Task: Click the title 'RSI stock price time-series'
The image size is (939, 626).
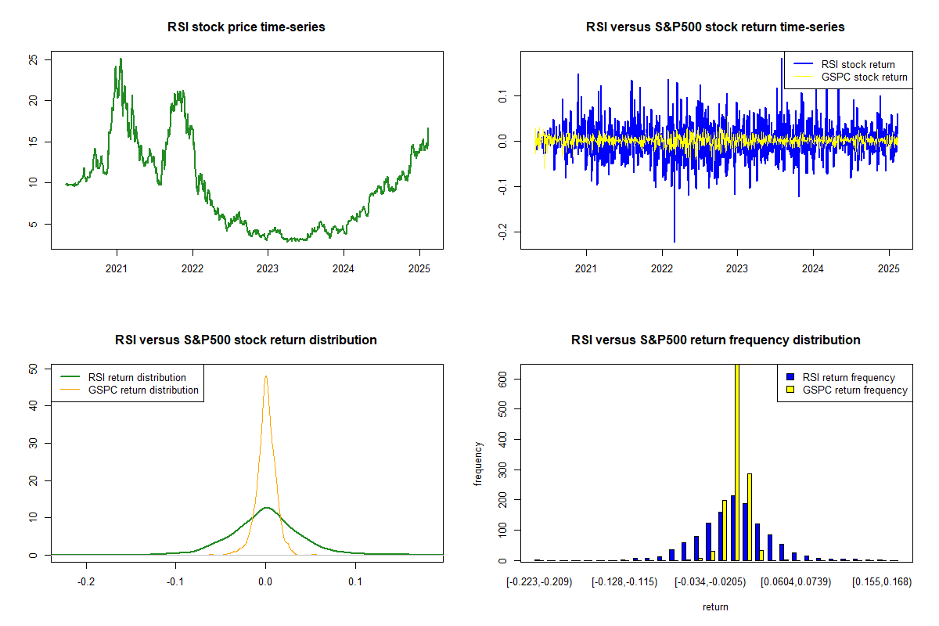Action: point(246,27)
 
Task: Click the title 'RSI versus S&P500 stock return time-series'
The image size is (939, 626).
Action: point(715,27)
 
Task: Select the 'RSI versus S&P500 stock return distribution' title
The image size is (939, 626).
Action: point(246,340)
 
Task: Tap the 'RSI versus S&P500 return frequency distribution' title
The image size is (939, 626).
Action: point(715,340)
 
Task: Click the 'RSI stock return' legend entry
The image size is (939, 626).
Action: point(858,64)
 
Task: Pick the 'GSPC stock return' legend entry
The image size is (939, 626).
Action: point(864,77)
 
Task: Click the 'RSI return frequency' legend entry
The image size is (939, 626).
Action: point(858,377)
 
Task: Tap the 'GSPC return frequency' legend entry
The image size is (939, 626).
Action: point(864,390)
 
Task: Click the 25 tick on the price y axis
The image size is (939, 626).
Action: point(33,59)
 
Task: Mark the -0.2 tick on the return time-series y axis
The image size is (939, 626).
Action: point(502,232)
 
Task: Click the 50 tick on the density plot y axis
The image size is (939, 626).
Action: point(33,368)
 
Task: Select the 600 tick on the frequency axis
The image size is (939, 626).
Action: point(502,377)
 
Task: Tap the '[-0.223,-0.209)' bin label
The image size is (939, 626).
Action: point(538,582)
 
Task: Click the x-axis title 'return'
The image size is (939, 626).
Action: point(715,606)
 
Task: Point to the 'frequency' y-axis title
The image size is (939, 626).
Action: point(478,463)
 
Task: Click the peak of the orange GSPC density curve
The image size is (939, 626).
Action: point(266,376)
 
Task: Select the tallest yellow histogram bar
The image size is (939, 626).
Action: point(736,462)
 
